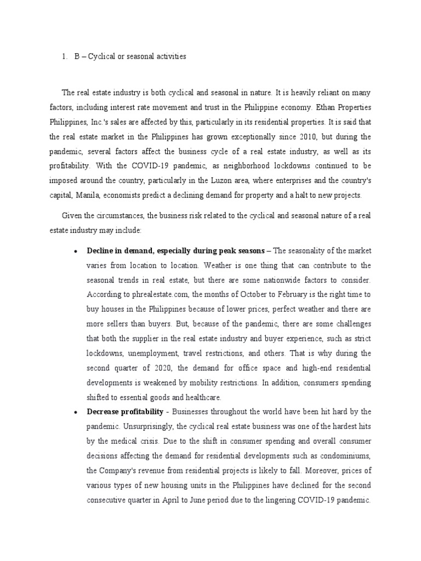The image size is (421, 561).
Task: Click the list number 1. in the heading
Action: pyautogui.click(x=64, y=56)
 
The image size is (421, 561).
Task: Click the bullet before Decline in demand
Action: pyautogui.click(x=74, y=251)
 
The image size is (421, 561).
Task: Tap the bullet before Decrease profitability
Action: pyautogui.click(x=74, y=411)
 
